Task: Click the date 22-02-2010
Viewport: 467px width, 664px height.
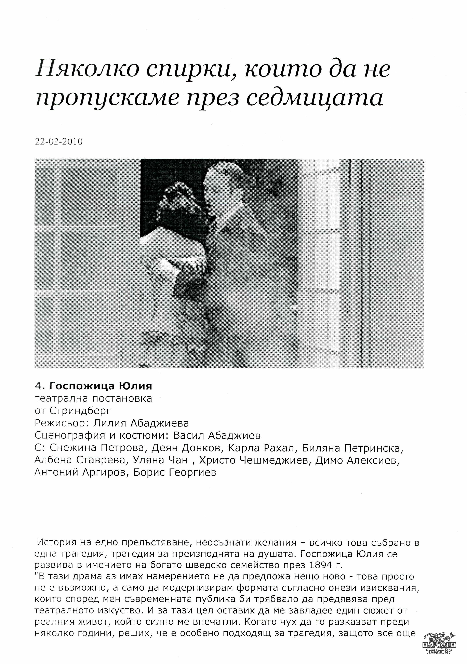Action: click(58, 141)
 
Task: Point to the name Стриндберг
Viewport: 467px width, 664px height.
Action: click(80, 411)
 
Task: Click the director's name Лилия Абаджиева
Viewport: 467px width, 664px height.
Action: click(141, 423)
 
